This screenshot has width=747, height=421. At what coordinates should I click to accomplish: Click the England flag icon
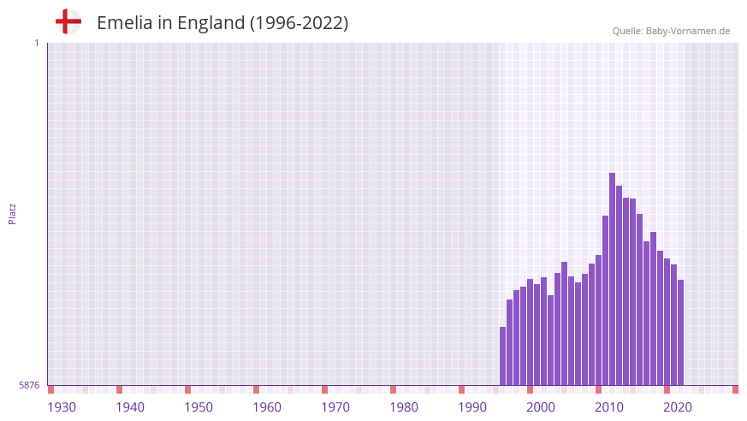click(68, 21)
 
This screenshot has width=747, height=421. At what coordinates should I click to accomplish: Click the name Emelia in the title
click(124, 23)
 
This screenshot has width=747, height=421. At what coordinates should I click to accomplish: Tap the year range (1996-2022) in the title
click(299, 23)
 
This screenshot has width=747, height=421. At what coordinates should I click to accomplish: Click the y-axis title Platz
click(12, 213)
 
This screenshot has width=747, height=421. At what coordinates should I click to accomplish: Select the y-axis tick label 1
click(36, 43)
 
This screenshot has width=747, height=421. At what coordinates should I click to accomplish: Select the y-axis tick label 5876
click(29, 386)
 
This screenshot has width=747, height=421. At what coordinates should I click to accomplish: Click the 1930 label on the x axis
click(62, 407)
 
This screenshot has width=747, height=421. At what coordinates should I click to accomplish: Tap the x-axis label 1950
click(199, 407)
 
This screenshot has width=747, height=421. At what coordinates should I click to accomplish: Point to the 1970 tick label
click(335, 407)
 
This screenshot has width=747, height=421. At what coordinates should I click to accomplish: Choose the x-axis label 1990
click(472, 407)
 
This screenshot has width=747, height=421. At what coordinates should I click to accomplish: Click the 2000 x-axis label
click(541, 407)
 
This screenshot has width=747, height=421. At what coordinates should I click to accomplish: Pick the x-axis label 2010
click(609, 407)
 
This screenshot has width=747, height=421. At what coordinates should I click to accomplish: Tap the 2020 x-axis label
click(678, 407)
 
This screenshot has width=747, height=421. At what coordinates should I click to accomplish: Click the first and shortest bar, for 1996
click(503, 356)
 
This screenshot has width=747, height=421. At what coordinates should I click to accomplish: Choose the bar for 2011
click(605, 300)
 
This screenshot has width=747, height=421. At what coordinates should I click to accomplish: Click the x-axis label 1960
click(267, 407)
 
